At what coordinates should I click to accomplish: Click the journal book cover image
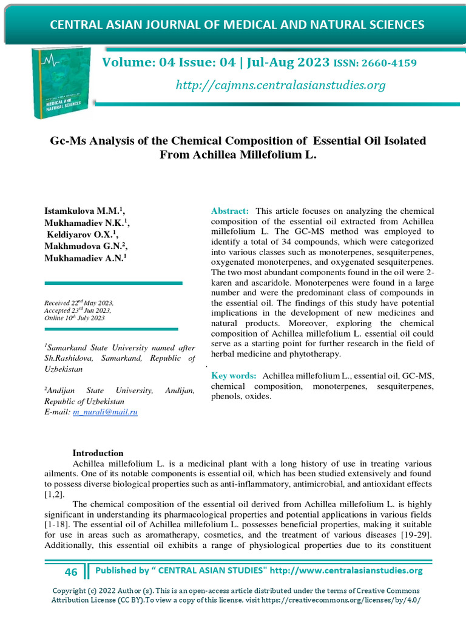[58, 83]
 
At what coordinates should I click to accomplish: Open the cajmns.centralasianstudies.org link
[280, 85]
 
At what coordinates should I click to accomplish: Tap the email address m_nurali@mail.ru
[106, 412]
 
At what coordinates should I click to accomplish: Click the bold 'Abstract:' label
[230, 211]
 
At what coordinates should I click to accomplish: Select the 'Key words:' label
[234, 376]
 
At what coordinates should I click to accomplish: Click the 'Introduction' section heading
[98, 453]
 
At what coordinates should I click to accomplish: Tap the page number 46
[71, 572]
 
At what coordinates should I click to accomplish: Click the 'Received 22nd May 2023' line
[79, 302]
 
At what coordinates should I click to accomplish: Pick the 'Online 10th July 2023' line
[75, 318]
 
